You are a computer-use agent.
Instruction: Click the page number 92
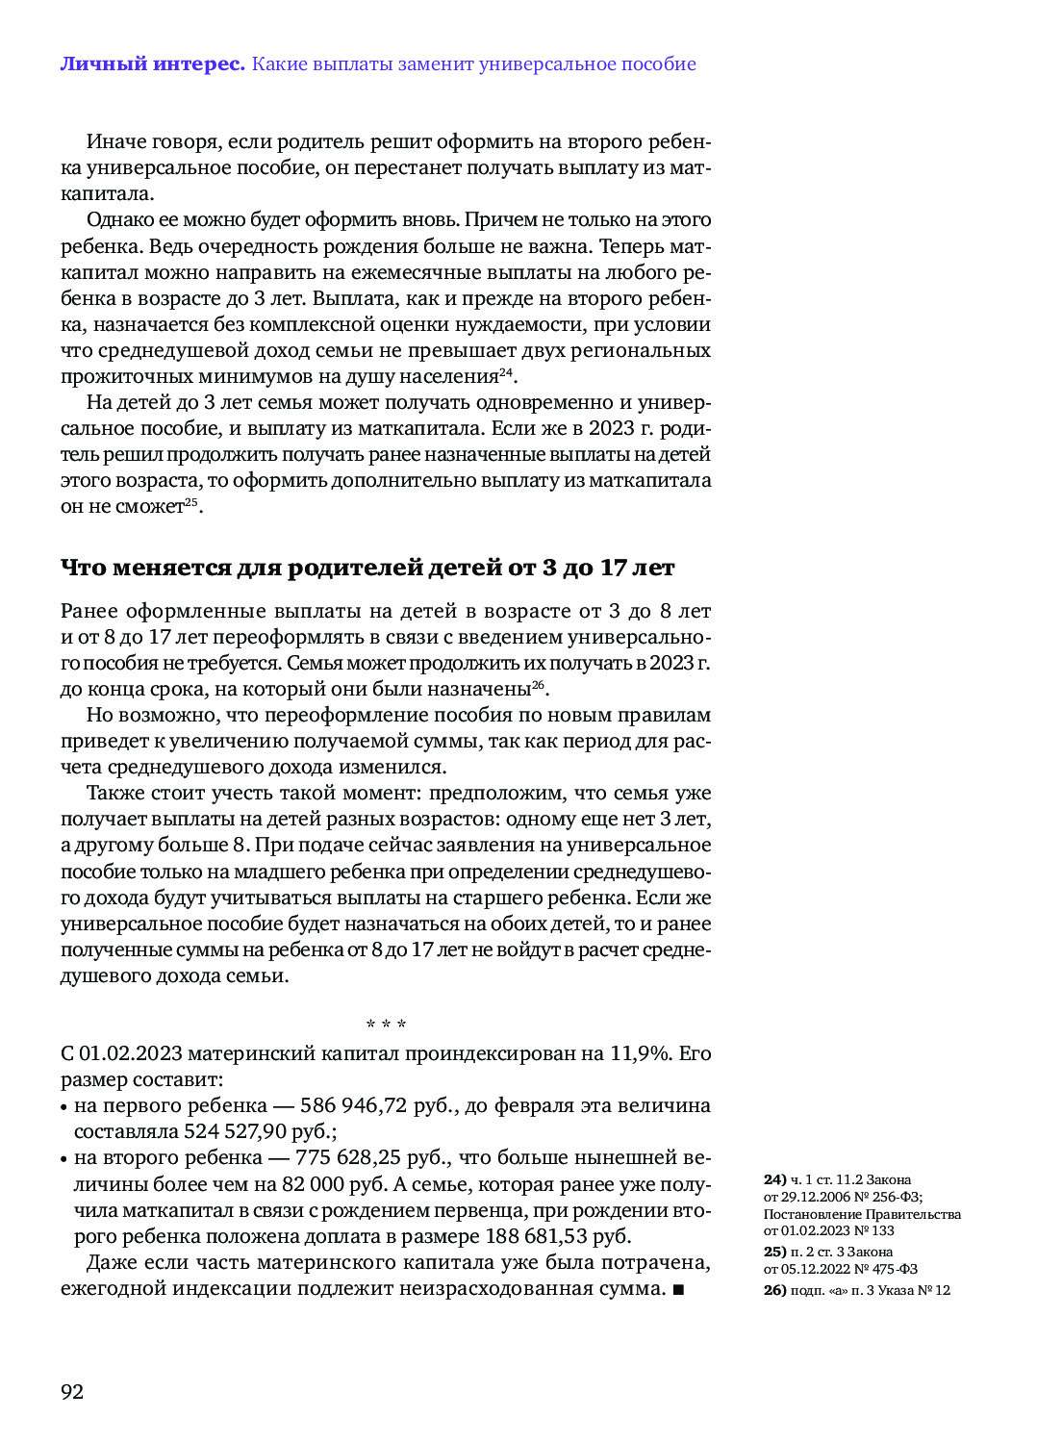click(72, 1392)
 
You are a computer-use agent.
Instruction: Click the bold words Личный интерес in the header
click(152, 64)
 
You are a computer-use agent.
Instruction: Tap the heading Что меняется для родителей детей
click(367, 568)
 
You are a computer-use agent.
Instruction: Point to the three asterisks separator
click(386, 1025)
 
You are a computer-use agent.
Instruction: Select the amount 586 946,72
click(353, 1105)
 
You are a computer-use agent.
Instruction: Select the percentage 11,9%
click(639, 1053)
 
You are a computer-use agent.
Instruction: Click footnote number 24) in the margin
click(774, 1179)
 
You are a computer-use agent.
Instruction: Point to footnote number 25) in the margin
click(774, 1252)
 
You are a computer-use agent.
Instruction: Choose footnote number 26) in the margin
click(774, 1290)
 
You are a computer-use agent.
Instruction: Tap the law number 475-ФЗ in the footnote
click(895, 1269)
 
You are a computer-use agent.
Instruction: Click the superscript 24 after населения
click(505, 372)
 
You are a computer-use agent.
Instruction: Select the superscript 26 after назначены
click(538, 685)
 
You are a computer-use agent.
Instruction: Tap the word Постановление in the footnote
click(809, 1214)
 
